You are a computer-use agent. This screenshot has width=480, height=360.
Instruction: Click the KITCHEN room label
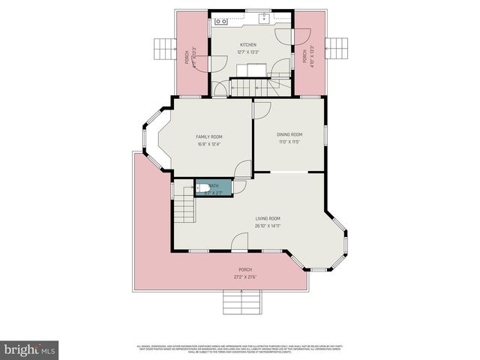point(248,45)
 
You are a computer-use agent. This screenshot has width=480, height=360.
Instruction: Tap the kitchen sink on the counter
point(264,19)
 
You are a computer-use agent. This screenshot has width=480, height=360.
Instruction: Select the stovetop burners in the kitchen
point(223,21)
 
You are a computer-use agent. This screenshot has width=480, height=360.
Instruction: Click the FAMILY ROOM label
point(209,136)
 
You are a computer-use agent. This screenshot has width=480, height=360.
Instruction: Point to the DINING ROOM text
point(289,134)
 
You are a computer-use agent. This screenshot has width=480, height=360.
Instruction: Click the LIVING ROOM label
point(267,218)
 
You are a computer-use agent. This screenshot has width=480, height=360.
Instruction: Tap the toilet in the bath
point(203,188)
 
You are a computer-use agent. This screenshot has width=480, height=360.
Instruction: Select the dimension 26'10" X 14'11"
point(267,226)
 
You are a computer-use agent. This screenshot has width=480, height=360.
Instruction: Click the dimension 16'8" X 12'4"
point(209,144)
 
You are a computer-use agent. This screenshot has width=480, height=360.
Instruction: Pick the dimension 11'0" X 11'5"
point(289,142)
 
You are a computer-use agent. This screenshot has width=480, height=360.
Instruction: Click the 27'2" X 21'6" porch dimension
point(244,277)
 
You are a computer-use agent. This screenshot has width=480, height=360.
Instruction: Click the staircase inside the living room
point(185,205)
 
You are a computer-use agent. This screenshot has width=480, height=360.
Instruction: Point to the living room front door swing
point(240,241)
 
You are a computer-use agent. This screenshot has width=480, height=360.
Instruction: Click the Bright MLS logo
point(29,349)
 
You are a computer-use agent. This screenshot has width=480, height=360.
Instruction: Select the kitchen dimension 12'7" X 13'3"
point(248,52)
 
